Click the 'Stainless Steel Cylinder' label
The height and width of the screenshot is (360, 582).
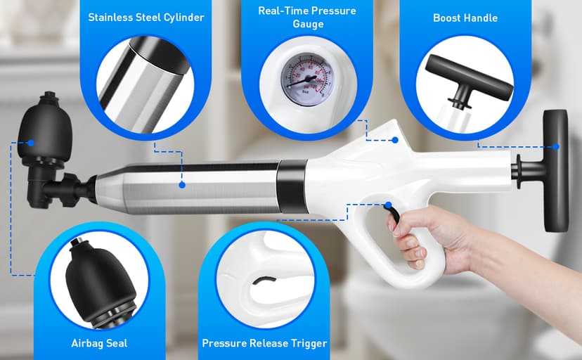[146, 17]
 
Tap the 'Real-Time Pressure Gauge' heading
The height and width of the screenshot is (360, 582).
[306, 17]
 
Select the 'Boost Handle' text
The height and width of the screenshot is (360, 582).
[465, 17]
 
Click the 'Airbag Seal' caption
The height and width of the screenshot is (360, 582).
[98, 343]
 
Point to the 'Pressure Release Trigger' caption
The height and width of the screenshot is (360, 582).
[264, 343]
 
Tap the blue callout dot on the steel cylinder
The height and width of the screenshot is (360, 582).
[182, 185]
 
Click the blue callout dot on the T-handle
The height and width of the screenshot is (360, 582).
[556, 146]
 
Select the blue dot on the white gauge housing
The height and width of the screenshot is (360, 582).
[395, 140]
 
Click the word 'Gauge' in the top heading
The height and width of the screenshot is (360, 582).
[306, 25]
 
